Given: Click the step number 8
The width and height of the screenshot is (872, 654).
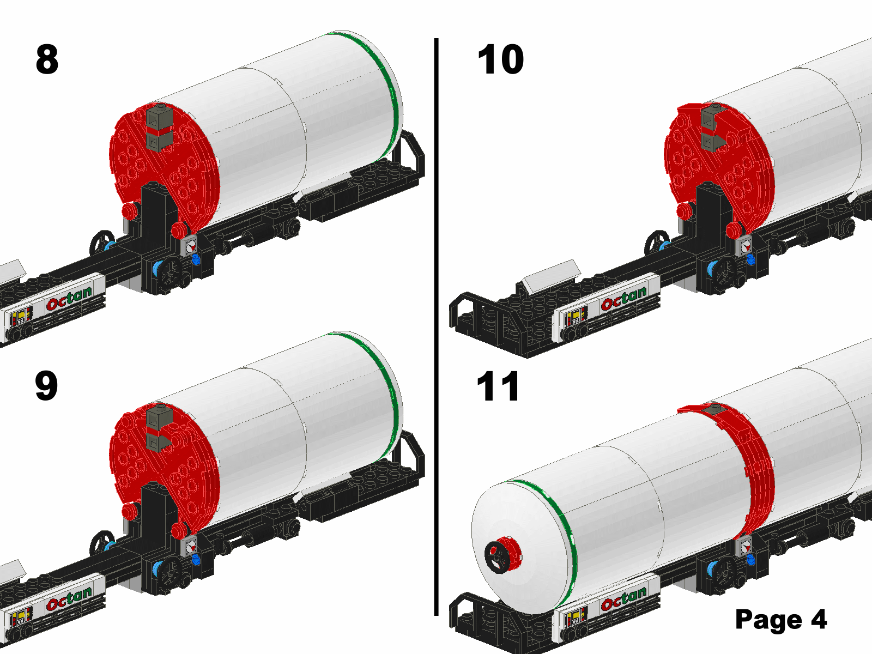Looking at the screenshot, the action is click(47, 59).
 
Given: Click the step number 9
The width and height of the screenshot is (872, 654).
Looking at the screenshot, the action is click(46, 386).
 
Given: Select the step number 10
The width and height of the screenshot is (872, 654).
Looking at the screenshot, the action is click(500, 59).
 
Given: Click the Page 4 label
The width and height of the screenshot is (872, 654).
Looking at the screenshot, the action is click(781, 619).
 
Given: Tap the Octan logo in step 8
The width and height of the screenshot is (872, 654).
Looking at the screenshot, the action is click(69, 298).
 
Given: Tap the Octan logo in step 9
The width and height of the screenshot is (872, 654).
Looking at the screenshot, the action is click(69, 598).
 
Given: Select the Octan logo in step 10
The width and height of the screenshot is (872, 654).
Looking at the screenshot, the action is click(623, 298).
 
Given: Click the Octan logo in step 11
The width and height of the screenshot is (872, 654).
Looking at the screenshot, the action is click(623, 598).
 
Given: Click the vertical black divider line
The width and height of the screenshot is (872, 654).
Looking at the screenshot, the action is click(436, 327).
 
